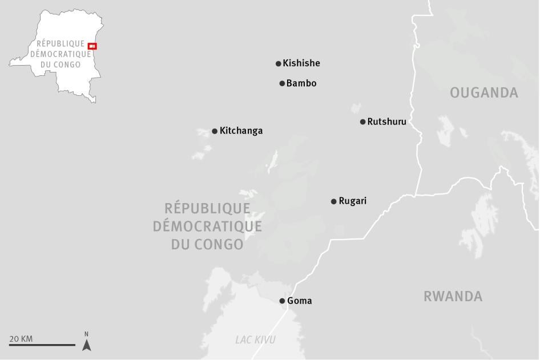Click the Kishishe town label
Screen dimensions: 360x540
pos(301,63)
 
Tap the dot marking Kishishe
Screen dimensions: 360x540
pos(279,64)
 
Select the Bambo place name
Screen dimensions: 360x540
pos(301,83)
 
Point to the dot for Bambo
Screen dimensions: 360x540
pos(282,83)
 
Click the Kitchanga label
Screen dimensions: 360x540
pos(241,131)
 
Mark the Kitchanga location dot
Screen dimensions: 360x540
pos(215,131)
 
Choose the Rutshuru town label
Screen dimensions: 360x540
pos(387,121)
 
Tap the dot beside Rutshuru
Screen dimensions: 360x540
pos(363,122)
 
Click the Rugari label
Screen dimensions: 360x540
pos(353,201)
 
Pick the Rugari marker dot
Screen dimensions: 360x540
pos(334,201)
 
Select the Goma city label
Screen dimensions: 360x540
pos(300,301)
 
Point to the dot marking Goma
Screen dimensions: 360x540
pos(282,301)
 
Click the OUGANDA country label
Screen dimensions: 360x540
pos(484,92)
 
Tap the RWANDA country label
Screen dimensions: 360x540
pos(453,296)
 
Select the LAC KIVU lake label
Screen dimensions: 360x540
pos(255,340)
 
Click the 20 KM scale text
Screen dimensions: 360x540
pos(21,339)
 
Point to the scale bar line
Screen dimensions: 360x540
pos(42,345)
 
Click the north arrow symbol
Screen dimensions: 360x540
pos(86,344)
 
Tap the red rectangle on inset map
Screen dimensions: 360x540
pos(92,46)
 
